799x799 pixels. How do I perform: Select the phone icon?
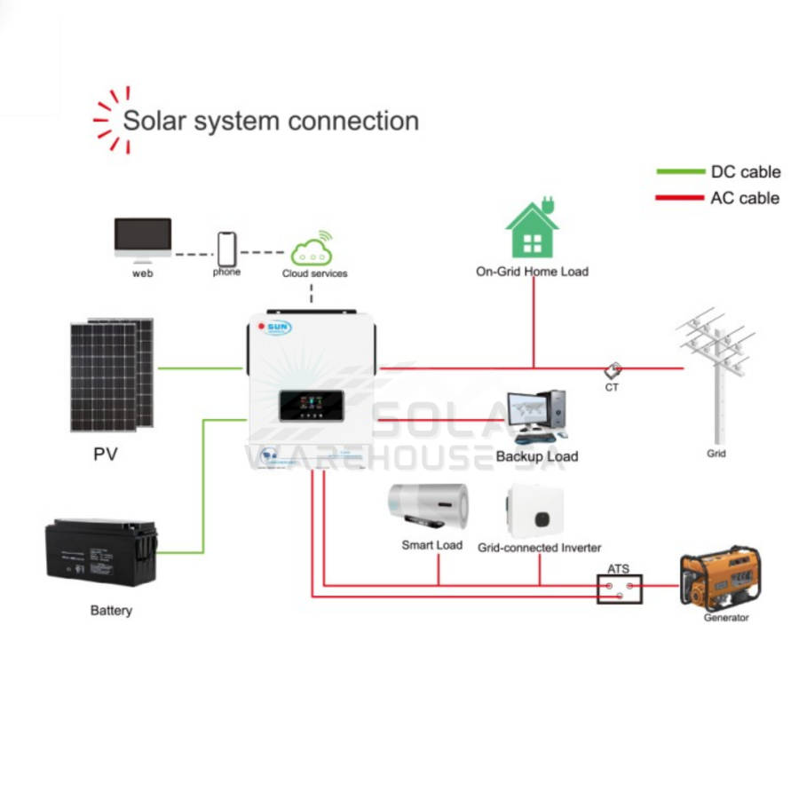click(227, 248)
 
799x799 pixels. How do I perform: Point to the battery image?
click(101, 551)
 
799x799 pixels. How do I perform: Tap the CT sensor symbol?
click(613, 370)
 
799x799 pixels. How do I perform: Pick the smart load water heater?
click(428, 509)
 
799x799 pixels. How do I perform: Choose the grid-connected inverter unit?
click(536, 510)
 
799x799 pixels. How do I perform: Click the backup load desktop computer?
click(536, 416)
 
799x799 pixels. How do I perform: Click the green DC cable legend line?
click(679, 172)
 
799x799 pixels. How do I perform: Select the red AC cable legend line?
click(679, 198)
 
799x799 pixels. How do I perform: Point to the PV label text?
click(106, 455)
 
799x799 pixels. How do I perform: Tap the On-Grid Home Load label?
click(532, 271)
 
